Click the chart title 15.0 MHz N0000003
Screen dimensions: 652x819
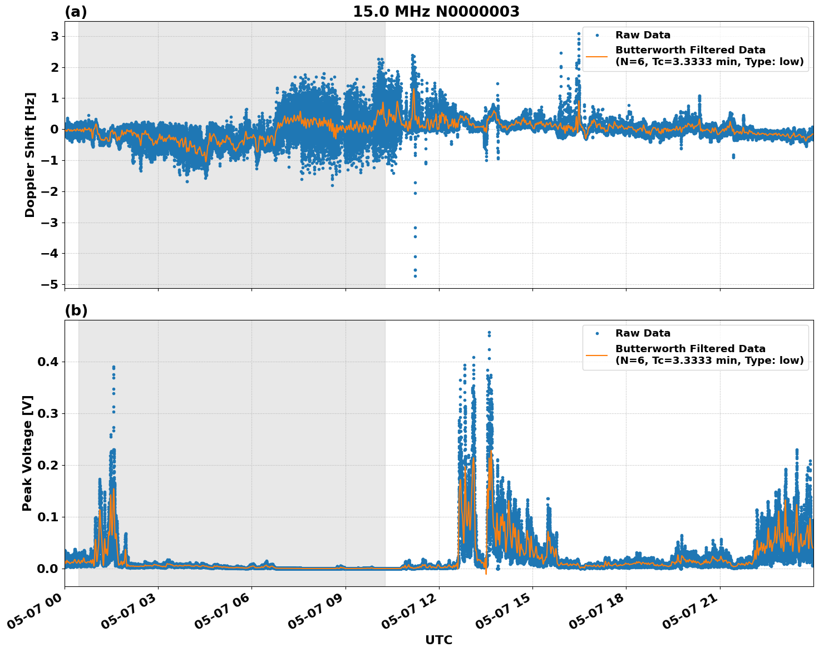click(436, 12)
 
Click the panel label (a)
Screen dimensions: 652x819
click(76, 12)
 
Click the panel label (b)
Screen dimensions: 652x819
click(76, 310)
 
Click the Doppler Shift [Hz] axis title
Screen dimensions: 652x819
click(30, 155)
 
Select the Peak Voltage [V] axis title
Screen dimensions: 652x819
click(27, 453)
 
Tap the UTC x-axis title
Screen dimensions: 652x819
click(438, 640)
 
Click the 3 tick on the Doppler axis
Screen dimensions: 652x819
click(55, 36)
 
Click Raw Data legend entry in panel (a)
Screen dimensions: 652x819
click(643, 35)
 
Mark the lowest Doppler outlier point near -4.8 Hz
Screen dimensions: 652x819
click(415, 276)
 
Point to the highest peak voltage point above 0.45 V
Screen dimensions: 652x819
click(489, 333)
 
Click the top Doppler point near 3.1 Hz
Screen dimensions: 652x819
click(579, 34)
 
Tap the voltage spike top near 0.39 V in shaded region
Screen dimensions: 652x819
click(114, 367)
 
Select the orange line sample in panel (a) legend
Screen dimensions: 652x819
click(597, 56)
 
